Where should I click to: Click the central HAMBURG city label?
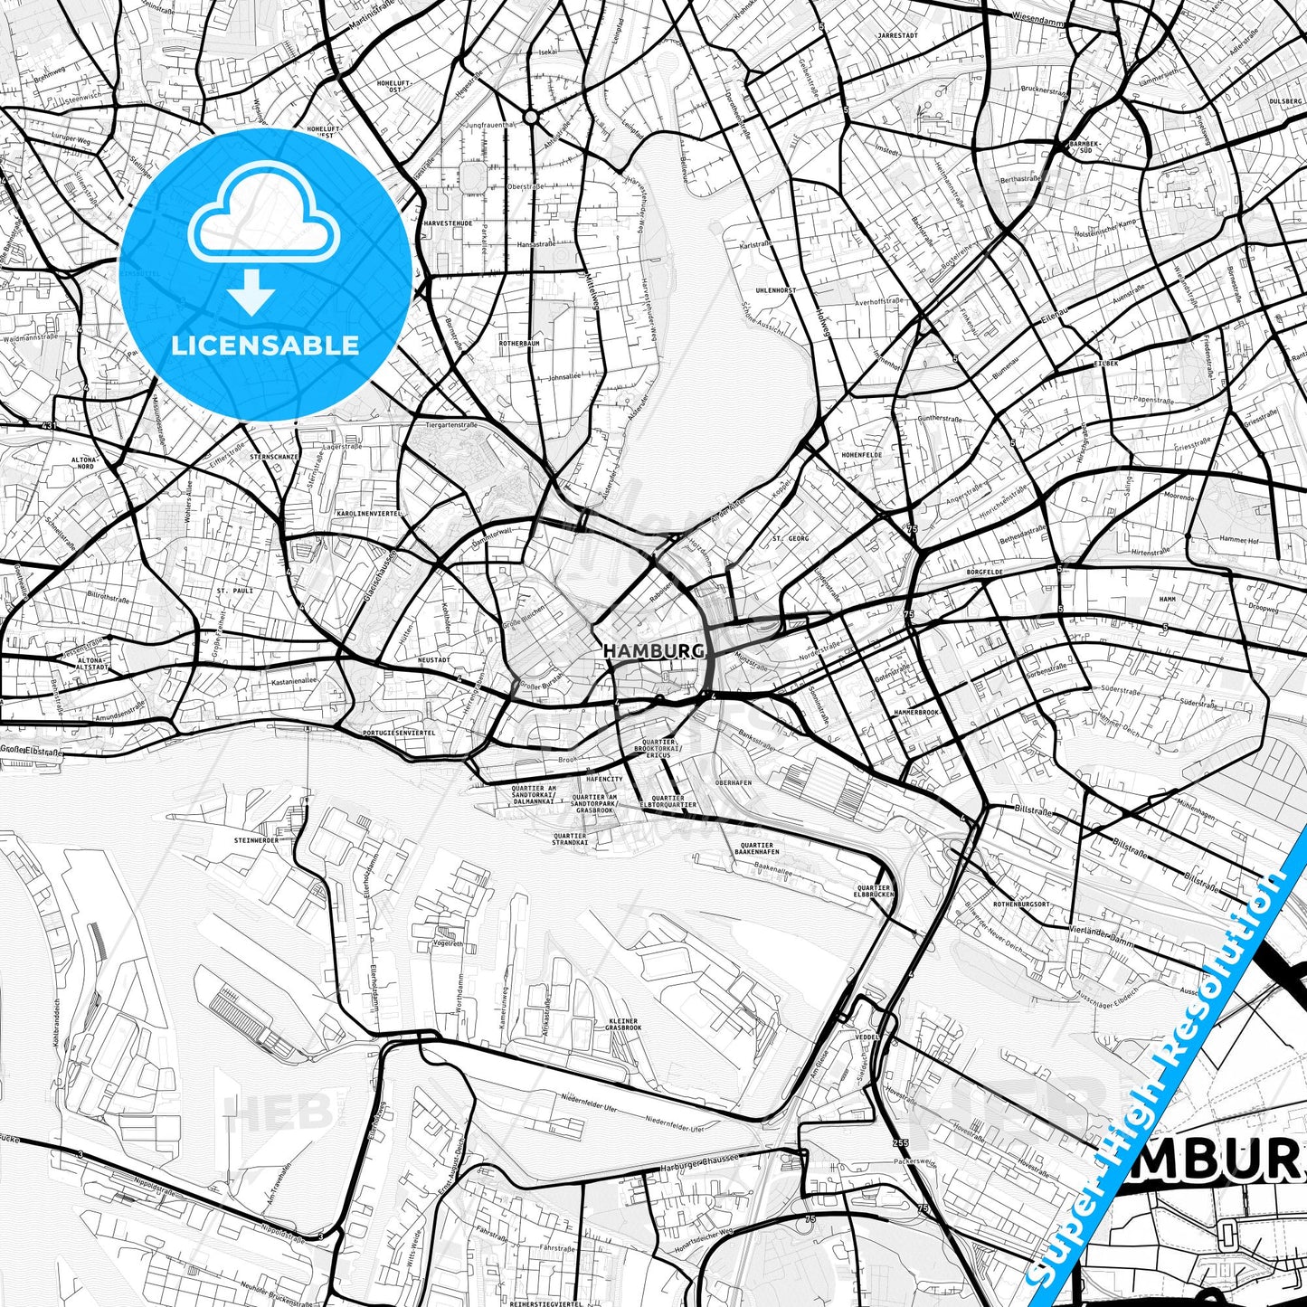(653, 651)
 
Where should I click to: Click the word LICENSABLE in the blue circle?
(265, 345)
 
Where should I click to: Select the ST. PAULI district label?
(235, 591)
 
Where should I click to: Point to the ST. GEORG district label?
(791, 538)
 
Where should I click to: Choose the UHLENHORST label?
(776, 290)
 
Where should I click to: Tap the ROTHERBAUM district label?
(519, 344)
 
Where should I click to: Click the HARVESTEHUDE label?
(448, 223)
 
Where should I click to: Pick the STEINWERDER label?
(257, 840)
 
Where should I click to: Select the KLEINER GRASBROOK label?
(623, 1025)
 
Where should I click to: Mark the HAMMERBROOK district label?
(917, 713)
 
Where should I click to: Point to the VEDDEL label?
(866, 1037)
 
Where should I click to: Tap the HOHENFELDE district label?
(861, 454)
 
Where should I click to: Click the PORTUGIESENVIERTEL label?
(399, 733)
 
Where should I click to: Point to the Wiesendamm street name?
(1040, 16)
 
